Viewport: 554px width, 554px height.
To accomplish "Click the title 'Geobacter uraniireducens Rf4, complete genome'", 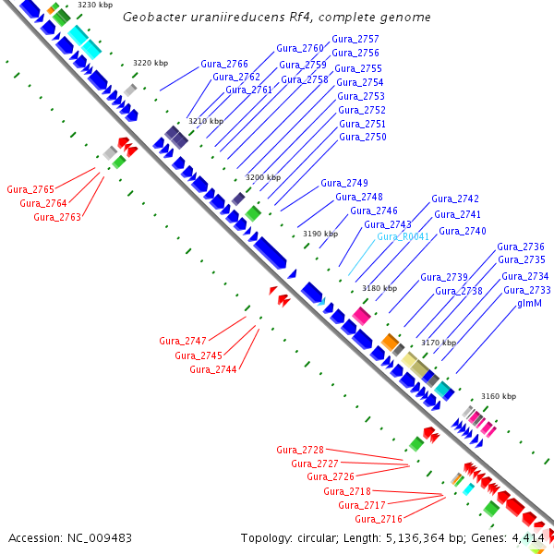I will click(277, 18).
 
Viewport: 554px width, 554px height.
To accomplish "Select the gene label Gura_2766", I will click(224, 64).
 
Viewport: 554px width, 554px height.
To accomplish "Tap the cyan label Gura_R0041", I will click(403, 237).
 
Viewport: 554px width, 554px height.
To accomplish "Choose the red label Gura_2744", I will click(213, 369).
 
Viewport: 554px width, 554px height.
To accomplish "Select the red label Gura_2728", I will click(300, 450).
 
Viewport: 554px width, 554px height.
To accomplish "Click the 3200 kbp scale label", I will click(262, 177).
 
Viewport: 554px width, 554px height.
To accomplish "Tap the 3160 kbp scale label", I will click(498, 396).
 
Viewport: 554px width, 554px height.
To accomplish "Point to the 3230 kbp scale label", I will click(95, 5).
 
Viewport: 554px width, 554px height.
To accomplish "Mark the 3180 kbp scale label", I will click(379, 288).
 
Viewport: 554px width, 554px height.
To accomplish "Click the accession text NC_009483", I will click(70, 537).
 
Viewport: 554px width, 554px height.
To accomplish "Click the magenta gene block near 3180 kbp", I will click(361, 316).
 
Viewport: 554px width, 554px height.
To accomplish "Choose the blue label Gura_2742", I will click(455, 199).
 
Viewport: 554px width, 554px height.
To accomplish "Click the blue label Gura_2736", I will click(521, 247).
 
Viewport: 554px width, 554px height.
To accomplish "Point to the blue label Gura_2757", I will click(355, 39).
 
